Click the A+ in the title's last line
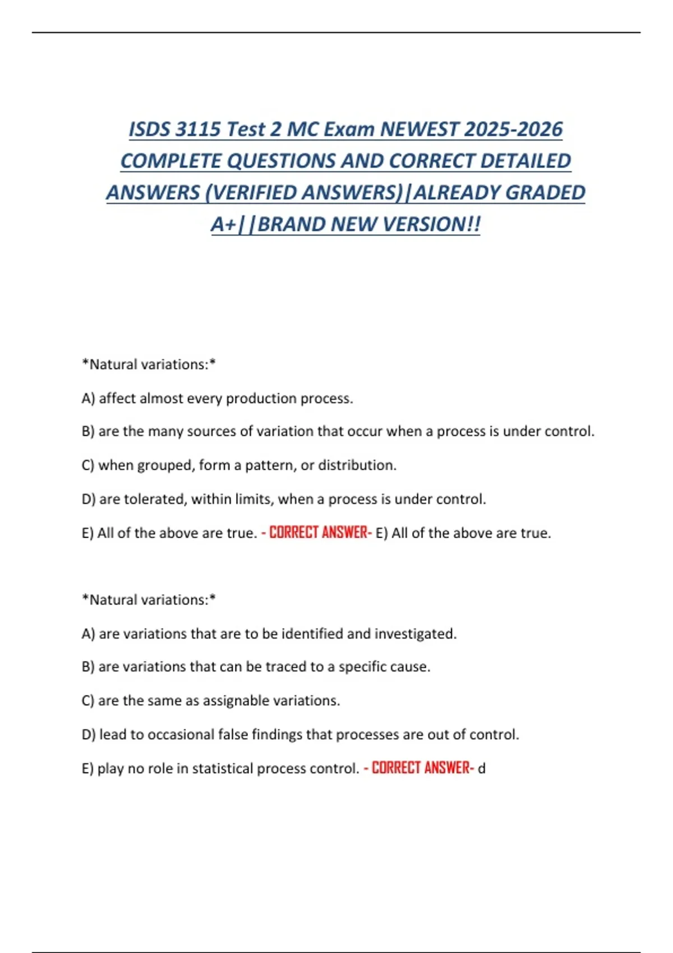(x=223, y=225)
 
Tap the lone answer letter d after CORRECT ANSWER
(x=481, y=768)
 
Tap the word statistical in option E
(x=228, y=769)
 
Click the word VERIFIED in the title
(x=255, y=193)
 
